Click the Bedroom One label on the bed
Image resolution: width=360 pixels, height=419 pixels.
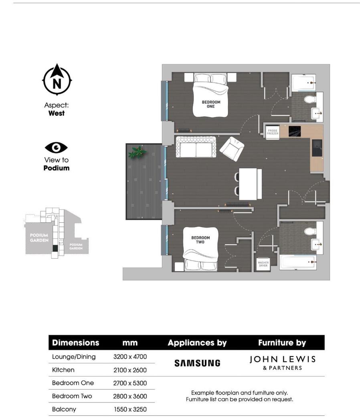coord(211,104)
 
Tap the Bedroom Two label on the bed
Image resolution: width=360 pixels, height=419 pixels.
coord(200,240)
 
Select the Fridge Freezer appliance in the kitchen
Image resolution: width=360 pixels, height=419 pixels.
coord(273,132)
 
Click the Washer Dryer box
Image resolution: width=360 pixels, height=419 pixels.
coord(263,263)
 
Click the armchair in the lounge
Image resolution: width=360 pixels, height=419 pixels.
coord(232,148)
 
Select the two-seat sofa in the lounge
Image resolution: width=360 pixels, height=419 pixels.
coord(196,147)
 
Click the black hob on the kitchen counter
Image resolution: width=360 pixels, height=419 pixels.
coord(295,131)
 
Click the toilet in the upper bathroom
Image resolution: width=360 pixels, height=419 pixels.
coord(309,99)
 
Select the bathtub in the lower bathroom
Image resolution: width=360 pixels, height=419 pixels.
coord(297,262)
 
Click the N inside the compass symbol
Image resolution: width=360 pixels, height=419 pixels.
coord(57,84)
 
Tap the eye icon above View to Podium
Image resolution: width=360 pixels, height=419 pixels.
coord(57,148)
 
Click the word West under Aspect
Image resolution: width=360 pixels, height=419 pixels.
coord(57,113)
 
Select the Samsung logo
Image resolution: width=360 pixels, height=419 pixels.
coord(197,363)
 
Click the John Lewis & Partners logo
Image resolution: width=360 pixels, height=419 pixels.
coord(282,363)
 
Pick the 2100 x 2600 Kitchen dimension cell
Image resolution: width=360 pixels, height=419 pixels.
coord(130,370)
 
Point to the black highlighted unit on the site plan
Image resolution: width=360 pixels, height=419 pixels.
coord(55,248)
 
